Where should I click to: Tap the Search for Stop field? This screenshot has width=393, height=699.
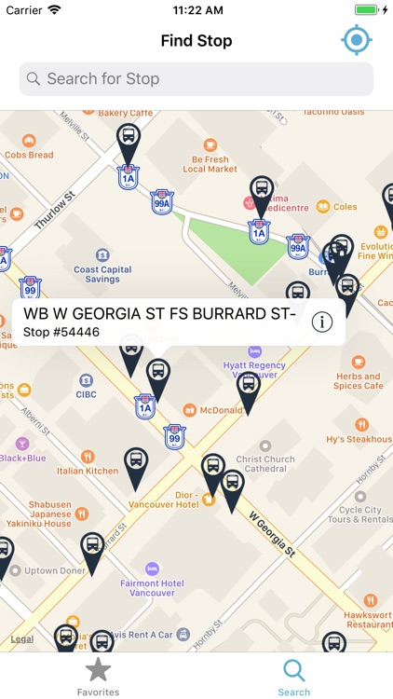(x=196, y=79)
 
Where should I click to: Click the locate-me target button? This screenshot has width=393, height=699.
(x=356, y=40)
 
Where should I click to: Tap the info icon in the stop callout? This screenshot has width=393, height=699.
(x=322, y=322)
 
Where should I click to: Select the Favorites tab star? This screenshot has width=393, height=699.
(x=98, y=670)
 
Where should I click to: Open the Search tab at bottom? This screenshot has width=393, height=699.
(x=293, y=676)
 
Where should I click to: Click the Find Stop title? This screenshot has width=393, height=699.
(x=196, y=41)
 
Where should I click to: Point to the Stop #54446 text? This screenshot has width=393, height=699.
(x=62, y=332)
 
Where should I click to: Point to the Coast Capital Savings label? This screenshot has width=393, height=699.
(x=103, y=274)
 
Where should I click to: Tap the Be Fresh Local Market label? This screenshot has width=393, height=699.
(x=210, y=164)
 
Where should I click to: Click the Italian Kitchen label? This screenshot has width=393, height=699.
(x=88, y=471)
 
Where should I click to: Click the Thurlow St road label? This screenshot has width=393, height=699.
(x=52, y=211)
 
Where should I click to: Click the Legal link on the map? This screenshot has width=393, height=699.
(x=21, y=639)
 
